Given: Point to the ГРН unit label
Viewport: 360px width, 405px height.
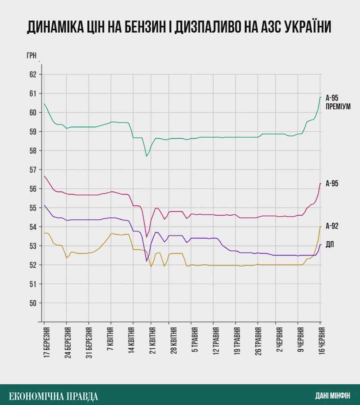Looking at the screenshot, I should click(x=31, y=55).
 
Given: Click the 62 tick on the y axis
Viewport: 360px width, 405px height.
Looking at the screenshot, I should click(x=33, y=75).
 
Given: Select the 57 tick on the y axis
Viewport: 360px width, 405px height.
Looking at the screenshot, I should click(x=33, y=170).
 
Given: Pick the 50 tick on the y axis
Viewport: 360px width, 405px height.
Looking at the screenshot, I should click(x=33, y=303).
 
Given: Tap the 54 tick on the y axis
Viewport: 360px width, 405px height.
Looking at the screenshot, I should click(x=33, y=227).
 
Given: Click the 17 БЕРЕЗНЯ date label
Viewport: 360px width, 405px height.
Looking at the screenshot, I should click(x=47, y=342).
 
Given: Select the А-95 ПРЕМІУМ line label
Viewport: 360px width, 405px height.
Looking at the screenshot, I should click(x=338, y=102).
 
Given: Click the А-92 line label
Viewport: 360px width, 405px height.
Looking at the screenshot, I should click(x=332, y=226).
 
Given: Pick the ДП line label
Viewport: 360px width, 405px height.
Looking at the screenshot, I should click(x=330, y=244).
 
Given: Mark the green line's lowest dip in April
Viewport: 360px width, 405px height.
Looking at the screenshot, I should click(x=147, y=156).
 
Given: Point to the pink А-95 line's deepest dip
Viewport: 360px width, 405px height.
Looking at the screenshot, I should click(x=146, y=237).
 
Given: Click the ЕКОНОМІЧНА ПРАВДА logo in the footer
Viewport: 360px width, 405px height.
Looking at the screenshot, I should click(x=53, y=396).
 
